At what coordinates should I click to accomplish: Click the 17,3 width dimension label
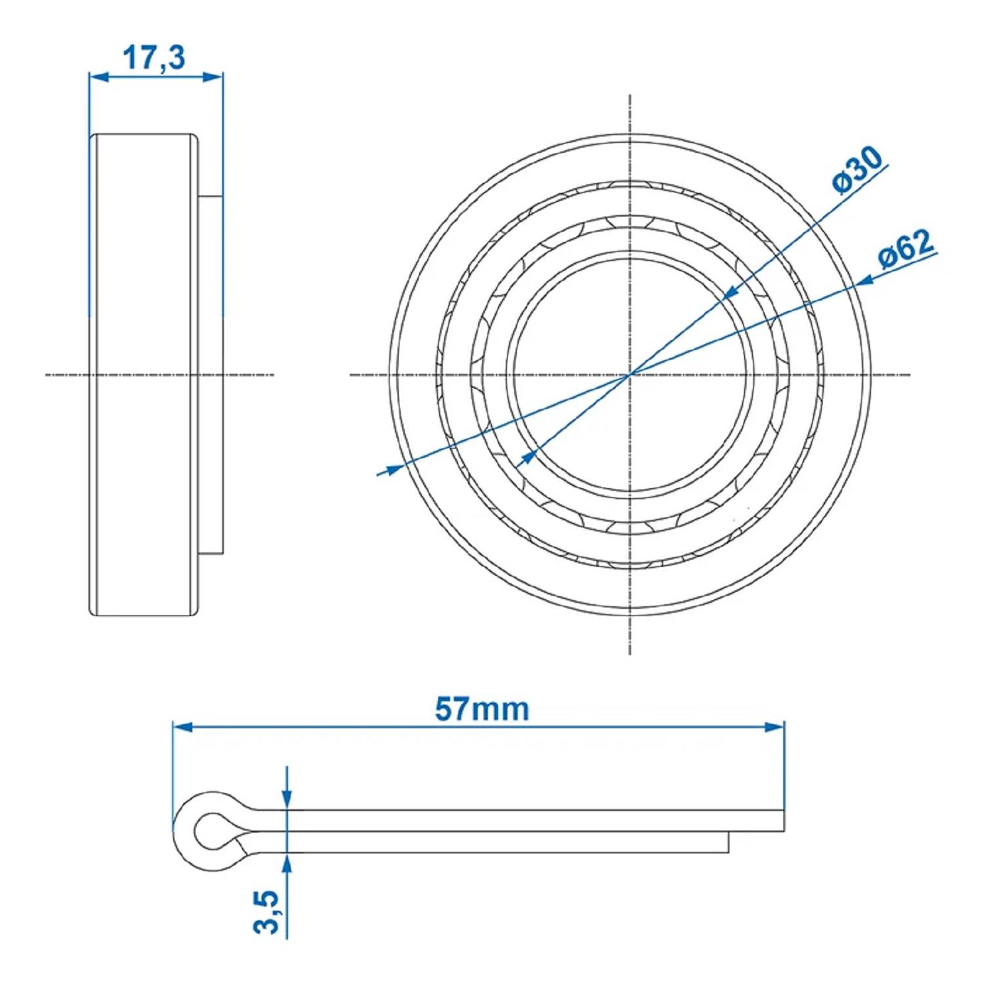(x=154, y=58)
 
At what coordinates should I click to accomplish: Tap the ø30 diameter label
(x=857, y=170)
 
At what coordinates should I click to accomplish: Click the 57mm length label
(x=482, y=709)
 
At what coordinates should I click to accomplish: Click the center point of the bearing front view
(x=630, y=375)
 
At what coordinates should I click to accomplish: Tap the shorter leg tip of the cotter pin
(x=728, y=843)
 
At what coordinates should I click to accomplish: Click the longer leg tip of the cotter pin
(x=783, y=821)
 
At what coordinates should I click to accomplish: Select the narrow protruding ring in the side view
(x=211, y=374)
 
